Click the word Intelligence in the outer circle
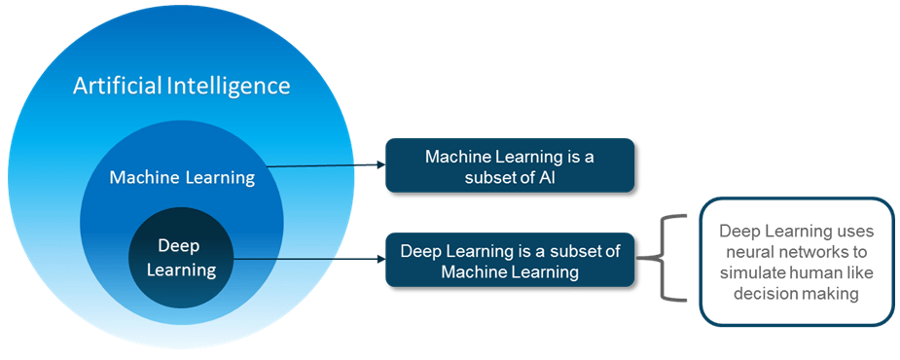[230, 86]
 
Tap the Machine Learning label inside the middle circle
[182, 177]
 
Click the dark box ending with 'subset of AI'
[510, 165]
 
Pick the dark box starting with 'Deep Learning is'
[510, 260]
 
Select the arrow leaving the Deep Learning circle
[311, 260]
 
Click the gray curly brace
[662, 259]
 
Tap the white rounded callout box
[796, 262]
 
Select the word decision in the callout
[767, 294]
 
